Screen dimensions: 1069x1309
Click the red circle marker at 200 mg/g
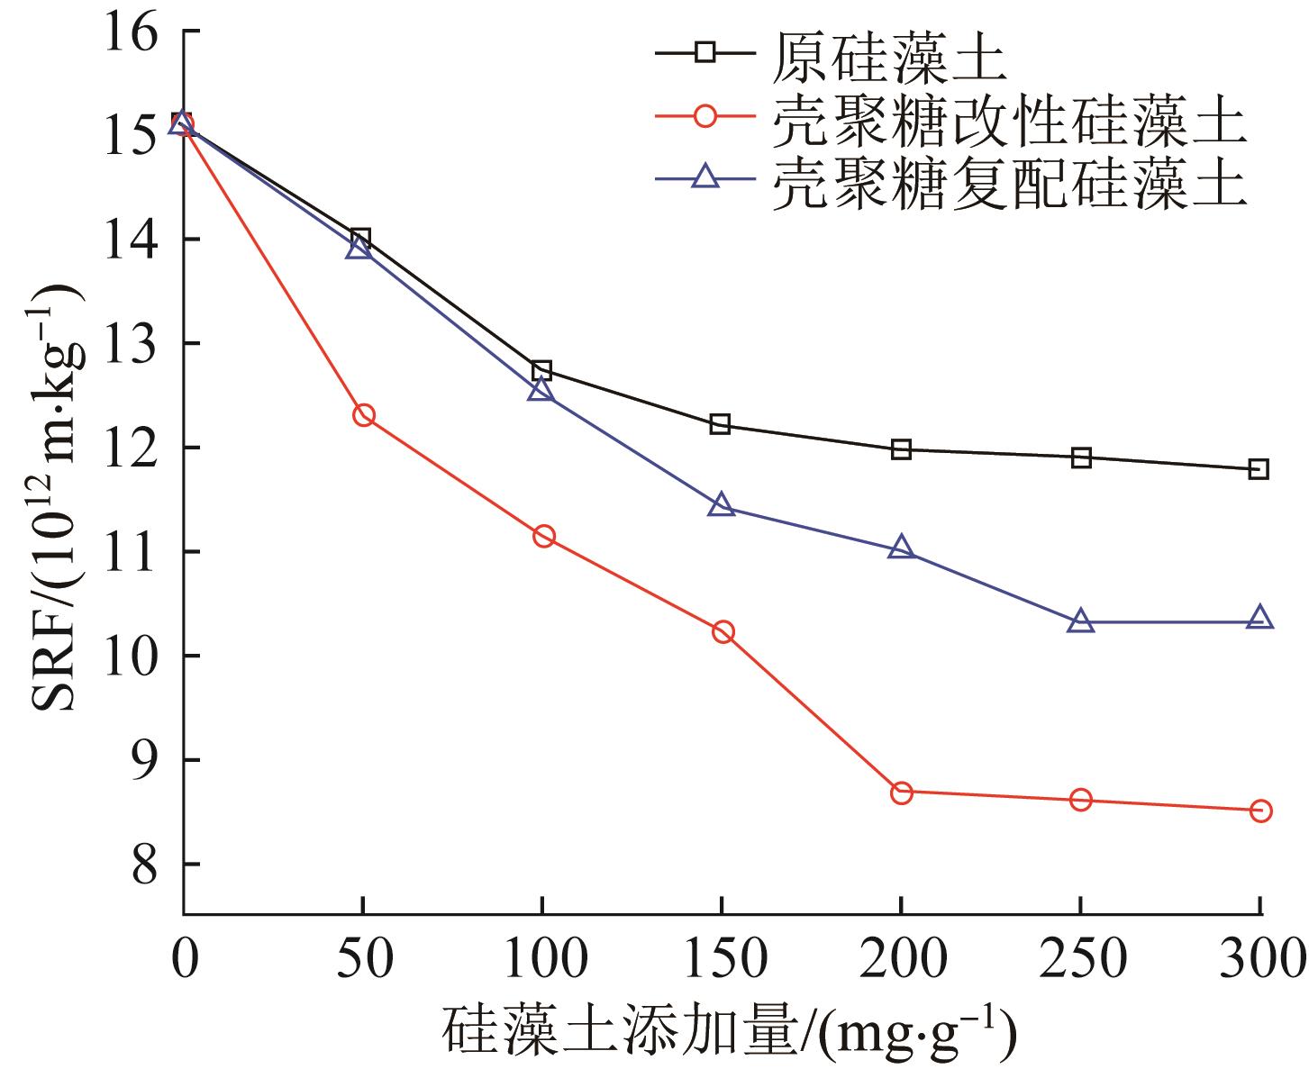tap(902, 793)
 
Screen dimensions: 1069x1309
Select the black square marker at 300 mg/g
tap(1259, 469)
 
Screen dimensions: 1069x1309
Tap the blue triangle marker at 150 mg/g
tap(721, 506)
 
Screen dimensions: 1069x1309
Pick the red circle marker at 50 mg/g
tap(364, 415)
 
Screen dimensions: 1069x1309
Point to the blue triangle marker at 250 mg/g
tap(1081, 621)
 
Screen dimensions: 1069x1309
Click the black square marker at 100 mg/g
tap(541, 371)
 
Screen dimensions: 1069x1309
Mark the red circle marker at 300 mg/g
tap(1261, 811)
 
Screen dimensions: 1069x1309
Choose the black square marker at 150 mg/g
tap(720, 424)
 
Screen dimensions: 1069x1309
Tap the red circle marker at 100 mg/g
tap(544, 537)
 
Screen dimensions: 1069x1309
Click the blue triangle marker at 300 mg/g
tap(1260, 618)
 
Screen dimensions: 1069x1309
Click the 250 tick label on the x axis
tap(1081, 960)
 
